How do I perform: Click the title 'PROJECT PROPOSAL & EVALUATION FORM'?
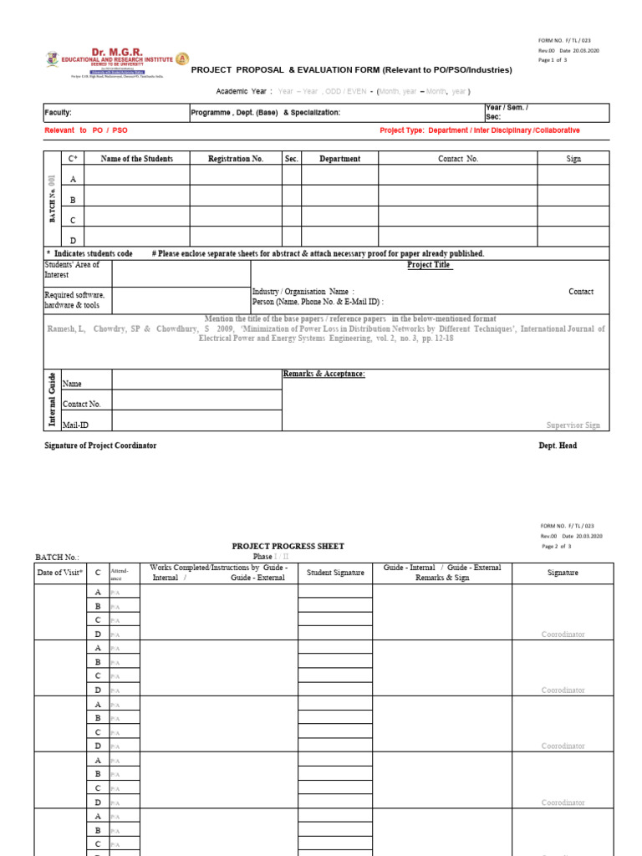coord(351,70)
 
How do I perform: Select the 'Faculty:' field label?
coord(59,112)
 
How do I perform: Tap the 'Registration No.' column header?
coord(235,158)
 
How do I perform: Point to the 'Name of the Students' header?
coord(137,158)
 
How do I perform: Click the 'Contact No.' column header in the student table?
coord(458,158)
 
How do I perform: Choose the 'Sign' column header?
coord(573,158)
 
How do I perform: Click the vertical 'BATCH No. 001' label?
coord(51,200)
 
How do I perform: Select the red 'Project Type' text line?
coord(479,130)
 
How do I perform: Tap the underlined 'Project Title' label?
coord(430,265)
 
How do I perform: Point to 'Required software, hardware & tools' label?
coord(74,300)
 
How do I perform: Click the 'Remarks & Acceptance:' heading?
coord(324,374)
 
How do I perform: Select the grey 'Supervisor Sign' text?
coord(573,425)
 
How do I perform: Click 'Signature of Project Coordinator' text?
coord(100,446)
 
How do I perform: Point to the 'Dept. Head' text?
coord(558,446)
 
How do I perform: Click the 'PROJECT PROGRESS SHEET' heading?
coord(288,546)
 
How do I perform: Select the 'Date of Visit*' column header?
coord(60,573)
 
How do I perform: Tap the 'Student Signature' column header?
coord(335,573)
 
